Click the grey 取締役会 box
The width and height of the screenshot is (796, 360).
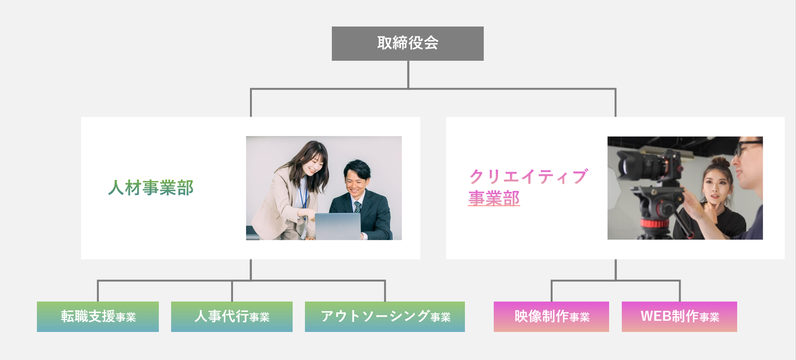(407, 43)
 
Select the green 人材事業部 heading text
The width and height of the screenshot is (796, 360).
(151, 188)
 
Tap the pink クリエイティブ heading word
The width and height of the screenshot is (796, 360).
(527, 177)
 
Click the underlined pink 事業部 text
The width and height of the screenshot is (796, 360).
(494, 198)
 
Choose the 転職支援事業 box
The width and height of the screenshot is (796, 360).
(98, 316)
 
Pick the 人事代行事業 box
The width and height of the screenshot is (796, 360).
(232, 316)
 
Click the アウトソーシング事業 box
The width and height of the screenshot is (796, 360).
(385, 316)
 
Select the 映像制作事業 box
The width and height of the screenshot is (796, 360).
(551, 316)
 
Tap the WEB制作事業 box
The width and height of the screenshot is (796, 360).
(679, 316)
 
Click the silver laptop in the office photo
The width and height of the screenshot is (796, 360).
(338, 226)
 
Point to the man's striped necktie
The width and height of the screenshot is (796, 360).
(357, 207)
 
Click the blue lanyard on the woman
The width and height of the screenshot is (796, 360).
(303, 196)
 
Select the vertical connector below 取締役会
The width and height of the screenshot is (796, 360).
(408, 74)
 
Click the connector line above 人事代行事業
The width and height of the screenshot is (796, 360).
(232, 291)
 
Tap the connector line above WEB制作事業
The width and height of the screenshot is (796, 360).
(679, 291)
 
